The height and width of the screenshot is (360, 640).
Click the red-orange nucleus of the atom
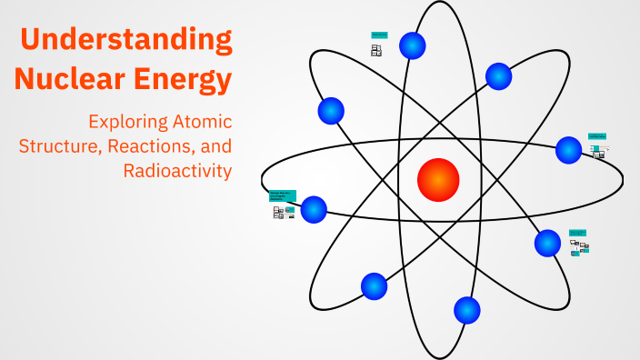437,180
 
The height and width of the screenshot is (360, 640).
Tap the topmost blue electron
413,45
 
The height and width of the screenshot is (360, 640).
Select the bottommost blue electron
466,310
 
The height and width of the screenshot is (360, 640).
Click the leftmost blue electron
314,209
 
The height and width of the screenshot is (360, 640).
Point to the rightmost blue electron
568,150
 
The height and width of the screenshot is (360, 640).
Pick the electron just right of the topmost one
498,75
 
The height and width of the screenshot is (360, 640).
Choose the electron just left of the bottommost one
374,286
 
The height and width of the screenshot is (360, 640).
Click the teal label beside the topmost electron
379,35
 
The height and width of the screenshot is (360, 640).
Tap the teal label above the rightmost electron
596,136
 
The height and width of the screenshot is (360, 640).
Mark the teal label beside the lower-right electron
578,233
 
